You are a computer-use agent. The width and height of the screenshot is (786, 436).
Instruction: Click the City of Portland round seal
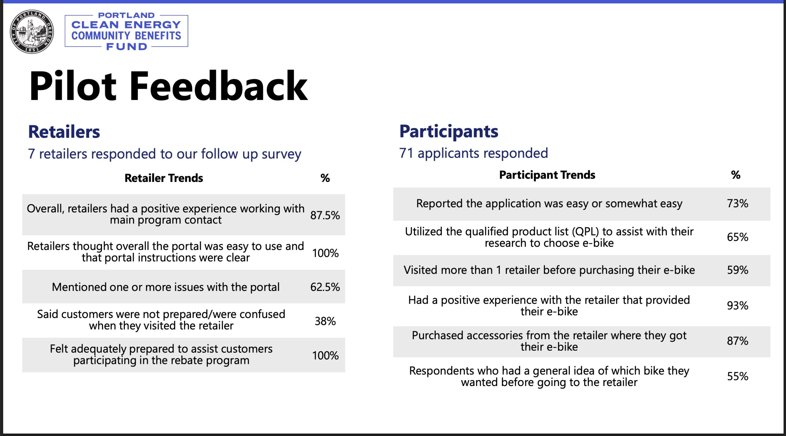pyautogui.click(x=32, y=32)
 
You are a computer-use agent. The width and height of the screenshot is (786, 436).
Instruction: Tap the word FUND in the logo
pyautogui.click(x=126, y=47)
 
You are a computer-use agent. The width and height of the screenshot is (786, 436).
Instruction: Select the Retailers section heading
pyautogui.click(x=64, y=132)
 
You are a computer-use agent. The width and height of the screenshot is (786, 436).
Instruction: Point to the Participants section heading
pyautogui.click(x=449, y=132)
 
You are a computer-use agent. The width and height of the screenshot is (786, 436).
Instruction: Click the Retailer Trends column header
pyautogui.click(x=164, y=178)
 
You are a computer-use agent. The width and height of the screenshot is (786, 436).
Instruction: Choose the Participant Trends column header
pyautogui.click(x=547, y=175)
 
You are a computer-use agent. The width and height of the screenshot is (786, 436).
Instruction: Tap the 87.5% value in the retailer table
pyautogui.click(x=325, y=215)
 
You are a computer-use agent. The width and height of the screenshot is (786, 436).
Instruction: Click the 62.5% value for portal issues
pyautogui.click(x=325, y=287)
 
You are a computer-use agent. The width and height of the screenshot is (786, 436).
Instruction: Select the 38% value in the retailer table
pyautogui.click(x=325, y=321)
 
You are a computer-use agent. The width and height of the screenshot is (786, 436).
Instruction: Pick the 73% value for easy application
pyautogui.click(x=737, y=203)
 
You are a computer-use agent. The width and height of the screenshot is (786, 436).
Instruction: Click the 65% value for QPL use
pyautogui.click(x=737, y=237)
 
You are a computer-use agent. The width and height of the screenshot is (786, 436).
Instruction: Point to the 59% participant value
pyautogui.click(x=737, y=270)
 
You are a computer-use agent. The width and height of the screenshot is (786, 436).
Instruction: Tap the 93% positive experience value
pyautogui.click(x=737, y=305)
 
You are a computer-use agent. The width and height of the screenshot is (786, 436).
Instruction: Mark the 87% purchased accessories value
pyautogui.click(x=737, y=341)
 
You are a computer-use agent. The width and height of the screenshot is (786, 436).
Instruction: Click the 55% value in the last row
pyautogui.click(x=737, y=376)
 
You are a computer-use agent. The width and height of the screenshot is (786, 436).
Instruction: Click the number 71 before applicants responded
pyautogui.click(x=406, y=153)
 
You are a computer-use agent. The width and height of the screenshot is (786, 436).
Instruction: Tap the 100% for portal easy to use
pyautogui.click(x=325, y=253)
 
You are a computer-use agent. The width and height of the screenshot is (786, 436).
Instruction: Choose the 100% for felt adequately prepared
pyautogui.click(x=325, y=355)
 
